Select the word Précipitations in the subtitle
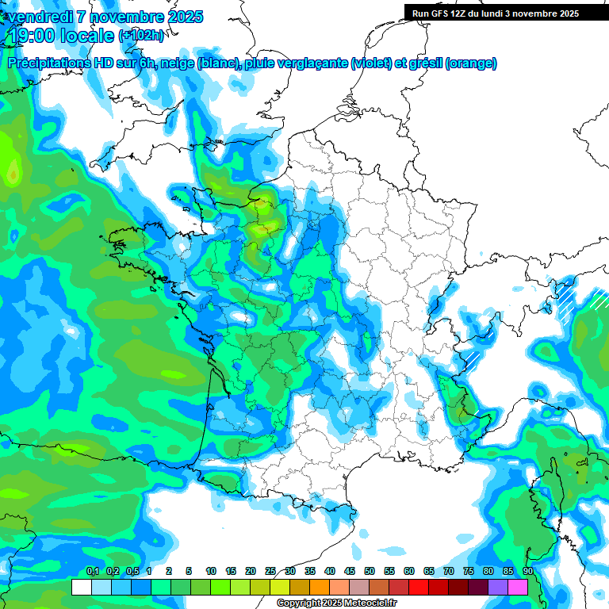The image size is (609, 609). (x=52, y=63)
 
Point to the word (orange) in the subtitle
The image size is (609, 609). (x=471, y=63)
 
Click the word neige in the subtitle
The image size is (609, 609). (x=177, y=63)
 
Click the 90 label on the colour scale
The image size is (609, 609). (x=527, y=571)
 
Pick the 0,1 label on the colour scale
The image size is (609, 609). (x=92, y=571)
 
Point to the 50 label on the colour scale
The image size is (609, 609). (x=370, y=571)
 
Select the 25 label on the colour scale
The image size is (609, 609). (x=270, y=571)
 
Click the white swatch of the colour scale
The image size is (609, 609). (x=81, y=587)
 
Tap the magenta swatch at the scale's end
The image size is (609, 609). (x=518, y=587)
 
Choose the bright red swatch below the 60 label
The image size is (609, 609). (x=419, y=587)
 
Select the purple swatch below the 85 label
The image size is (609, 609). (x=498, y=587)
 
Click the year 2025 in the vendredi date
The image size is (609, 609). (x=180, y=17)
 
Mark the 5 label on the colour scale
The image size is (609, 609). (x=189, y=571)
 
